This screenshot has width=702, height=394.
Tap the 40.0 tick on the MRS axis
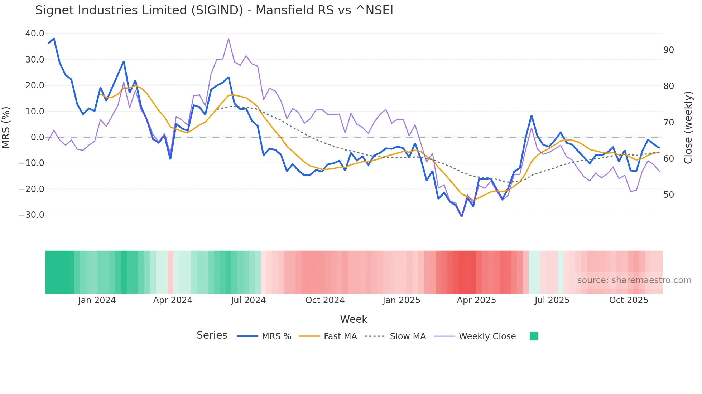pos(35,34)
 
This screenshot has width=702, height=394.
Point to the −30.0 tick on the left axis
pos(32,215)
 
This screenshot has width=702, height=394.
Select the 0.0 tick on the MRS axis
pos(37,137)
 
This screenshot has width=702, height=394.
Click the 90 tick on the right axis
pos(669,50)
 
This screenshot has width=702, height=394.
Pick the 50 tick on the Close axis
pos(669,195)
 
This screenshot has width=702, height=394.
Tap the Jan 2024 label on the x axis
pos(97,300)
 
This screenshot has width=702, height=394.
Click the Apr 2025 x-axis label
pos(476,300)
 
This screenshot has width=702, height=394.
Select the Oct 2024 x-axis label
pos(325,300)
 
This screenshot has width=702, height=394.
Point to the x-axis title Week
pos(354,319)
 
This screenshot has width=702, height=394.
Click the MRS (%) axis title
pos(6,127)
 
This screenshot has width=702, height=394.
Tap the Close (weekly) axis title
pos(688,128)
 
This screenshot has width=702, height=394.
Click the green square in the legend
pos(534,336)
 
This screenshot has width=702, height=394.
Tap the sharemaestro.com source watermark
pos(634,280)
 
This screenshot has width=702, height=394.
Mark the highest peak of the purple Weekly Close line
pos(229,39)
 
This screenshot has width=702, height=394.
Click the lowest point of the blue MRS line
pos(462,216)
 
